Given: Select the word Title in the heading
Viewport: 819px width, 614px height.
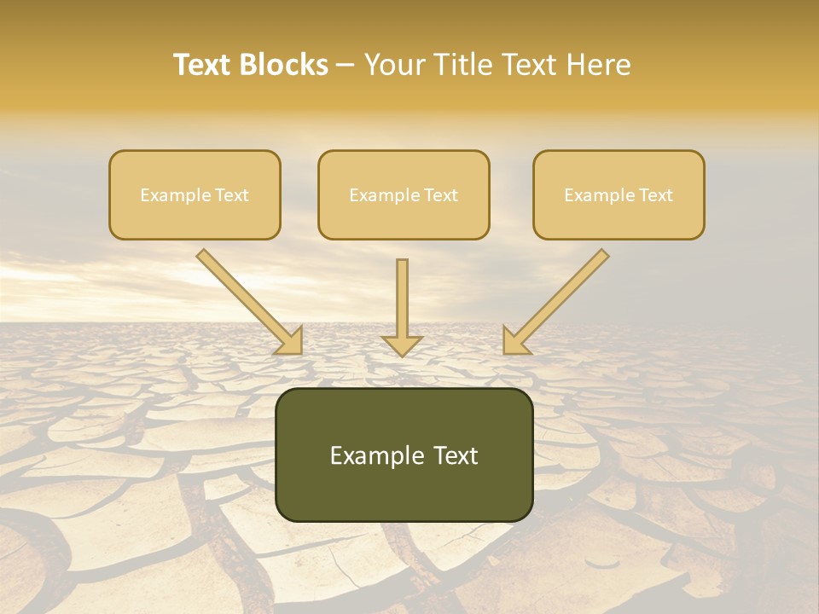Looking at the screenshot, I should [466, 65].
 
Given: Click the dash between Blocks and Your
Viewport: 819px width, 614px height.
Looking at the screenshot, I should [346, 66].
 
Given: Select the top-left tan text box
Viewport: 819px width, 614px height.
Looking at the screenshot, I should [195, 194].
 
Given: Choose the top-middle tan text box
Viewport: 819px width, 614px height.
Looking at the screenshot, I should [404, 194].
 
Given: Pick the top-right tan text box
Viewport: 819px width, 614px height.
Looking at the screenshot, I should [619, 194].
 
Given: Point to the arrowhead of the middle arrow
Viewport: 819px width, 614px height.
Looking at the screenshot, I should [402, 345].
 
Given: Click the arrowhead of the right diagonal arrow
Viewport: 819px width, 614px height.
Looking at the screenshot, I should [514, 341].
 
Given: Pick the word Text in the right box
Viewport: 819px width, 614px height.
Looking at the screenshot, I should [655, 195].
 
